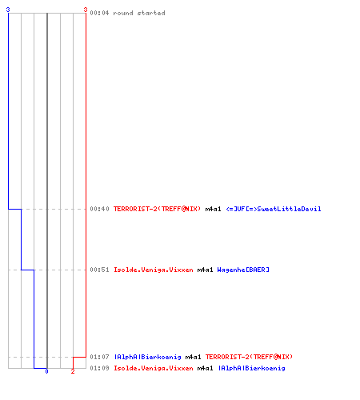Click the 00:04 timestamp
[x=99, y=13]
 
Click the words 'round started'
[x=139, y=13]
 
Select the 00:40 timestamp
[x=99, y=209]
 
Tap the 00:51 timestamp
[x=99, y=270]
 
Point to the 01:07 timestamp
[x=99, y=357]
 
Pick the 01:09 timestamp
[x=99, y=368]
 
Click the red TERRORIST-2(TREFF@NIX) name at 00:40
[x=157, y=209]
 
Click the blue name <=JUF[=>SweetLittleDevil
[x=274, y=209]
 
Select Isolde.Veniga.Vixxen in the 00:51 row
[x=154, y=270]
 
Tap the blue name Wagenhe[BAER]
[x=243, y=270]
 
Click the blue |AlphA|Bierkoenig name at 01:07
[x=147, y=357]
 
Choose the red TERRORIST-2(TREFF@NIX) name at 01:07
[x=249, y=357]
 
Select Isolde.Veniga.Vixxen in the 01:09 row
[x=154, y=368]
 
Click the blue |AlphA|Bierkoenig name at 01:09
[x=251, y=368]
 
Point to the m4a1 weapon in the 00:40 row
[x=213, y=209]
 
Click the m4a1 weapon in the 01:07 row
[x=193, y=357]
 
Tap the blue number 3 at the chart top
[x=8, y=10]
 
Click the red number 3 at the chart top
[x=86, y=10]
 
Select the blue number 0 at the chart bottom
[x=46, y=371]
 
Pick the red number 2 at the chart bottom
[x=73, y=371]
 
